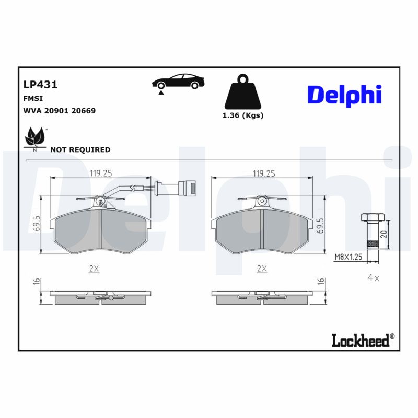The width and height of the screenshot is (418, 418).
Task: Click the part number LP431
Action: tap(40, 84)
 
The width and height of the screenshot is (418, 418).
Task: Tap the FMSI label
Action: tap(33, 98)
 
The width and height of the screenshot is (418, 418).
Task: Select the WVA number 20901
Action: tap(54, 111)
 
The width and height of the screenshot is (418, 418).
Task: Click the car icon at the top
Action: tap(178, 83)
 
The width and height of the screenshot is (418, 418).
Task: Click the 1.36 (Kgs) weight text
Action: tap(242, 115)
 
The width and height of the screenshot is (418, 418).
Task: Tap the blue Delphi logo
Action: tap(344, 95)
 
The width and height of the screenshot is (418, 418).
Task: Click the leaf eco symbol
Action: tap(36, 137)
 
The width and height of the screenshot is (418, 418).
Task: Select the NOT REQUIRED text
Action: tap(80, 150)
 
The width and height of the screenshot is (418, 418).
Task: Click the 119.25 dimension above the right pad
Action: tap(264, 173)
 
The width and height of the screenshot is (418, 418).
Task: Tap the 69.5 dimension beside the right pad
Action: tap(320, 225)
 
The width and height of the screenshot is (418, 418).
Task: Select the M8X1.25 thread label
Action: tap(349, 257)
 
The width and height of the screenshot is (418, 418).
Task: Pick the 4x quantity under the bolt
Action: tap(373, 278)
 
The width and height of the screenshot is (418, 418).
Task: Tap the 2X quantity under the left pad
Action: tap(94, 269)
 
